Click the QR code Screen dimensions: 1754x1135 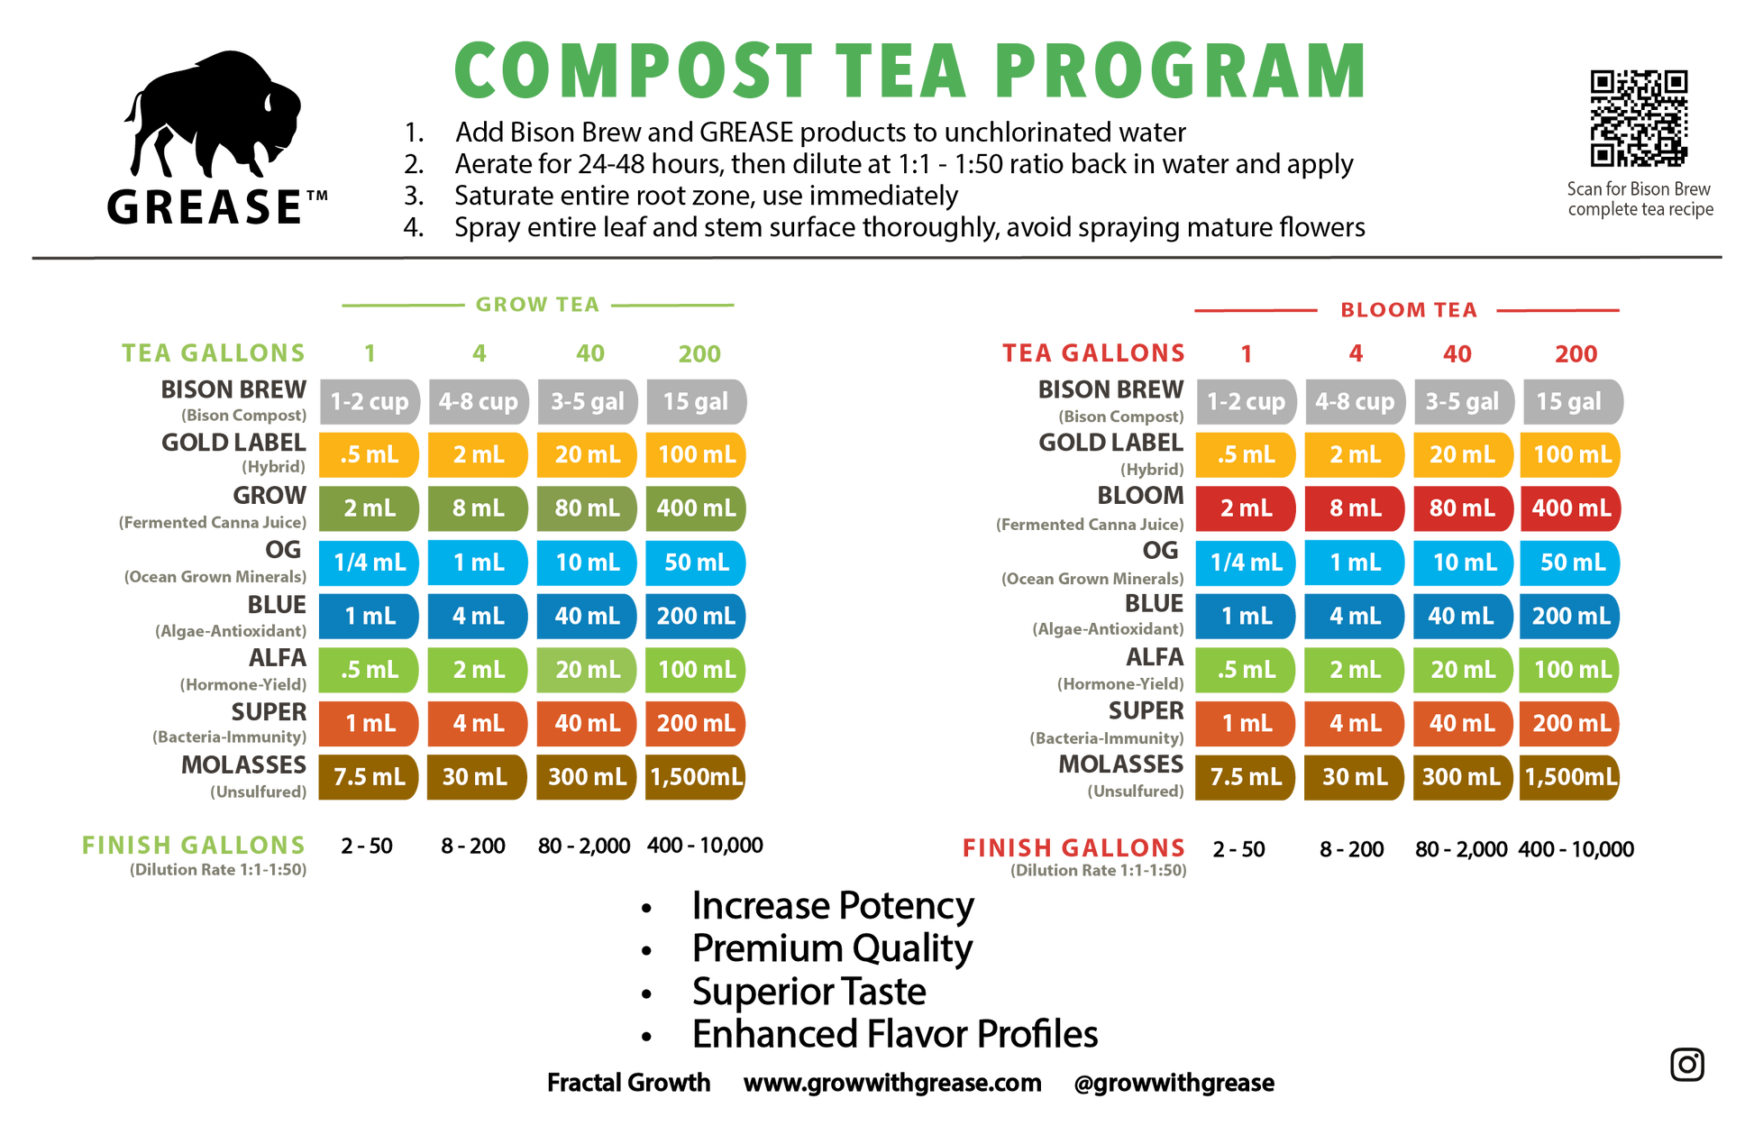1639,118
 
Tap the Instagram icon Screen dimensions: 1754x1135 1686,1065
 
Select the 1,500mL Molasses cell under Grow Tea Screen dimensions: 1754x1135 696,777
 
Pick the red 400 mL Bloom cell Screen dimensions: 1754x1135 1570,508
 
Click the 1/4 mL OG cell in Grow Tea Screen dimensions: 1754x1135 370,563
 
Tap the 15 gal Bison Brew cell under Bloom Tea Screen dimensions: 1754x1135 1574,401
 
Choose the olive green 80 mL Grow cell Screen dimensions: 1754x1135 587,508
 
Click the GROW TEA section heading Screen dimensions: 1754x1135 537,305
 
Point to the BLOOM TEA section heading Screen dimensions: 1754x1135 1409,310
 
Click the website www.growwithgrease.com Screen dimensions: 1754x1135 892,1083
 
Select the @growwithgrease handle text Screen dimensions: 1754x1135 1174,1083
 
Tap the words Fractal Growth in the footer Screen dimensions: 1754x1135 628,1082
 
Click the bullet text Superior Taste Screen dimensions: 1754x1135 808,992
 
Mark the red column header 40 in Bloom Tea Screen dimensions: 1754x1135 1457,354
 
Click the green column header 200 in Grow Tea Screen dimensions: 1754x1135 699,354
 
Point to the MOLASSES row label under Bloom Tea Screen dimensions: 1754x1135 1120,764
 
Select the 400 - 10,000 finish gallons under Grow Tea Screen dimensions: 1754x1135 705,846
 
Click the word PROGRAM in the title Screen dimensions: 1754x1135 1181,71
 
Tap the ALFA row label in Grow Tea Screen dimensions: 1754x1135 278,658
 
